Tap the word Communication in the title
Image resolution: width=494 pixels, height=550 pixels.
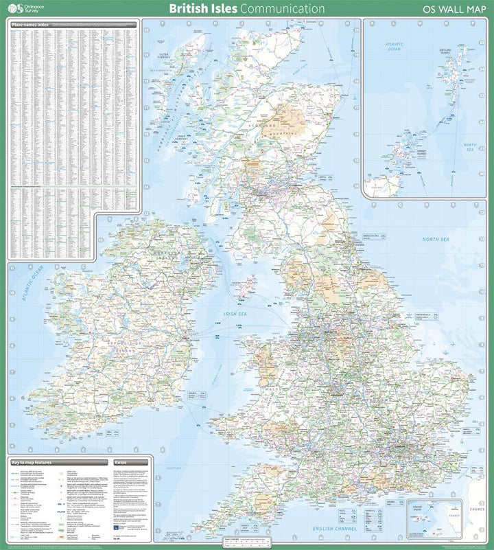click(282, 9)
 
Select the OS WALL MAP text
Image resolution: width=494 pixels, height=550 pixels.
click(454, 10)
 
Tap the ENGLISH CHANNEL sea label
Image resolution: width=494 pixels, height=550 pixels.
click(333, 529)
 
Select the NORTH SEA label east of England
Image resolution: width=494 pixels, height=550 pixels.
click(435, 239)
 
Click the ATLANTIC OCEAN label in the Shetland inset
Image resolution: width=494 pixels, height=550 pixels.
click(395, 47)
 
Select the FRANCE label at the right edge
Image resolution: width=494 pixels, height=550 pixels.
click(475, 510)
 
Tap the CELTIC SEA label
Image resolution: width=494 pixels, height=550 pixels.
click(174, 468)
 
